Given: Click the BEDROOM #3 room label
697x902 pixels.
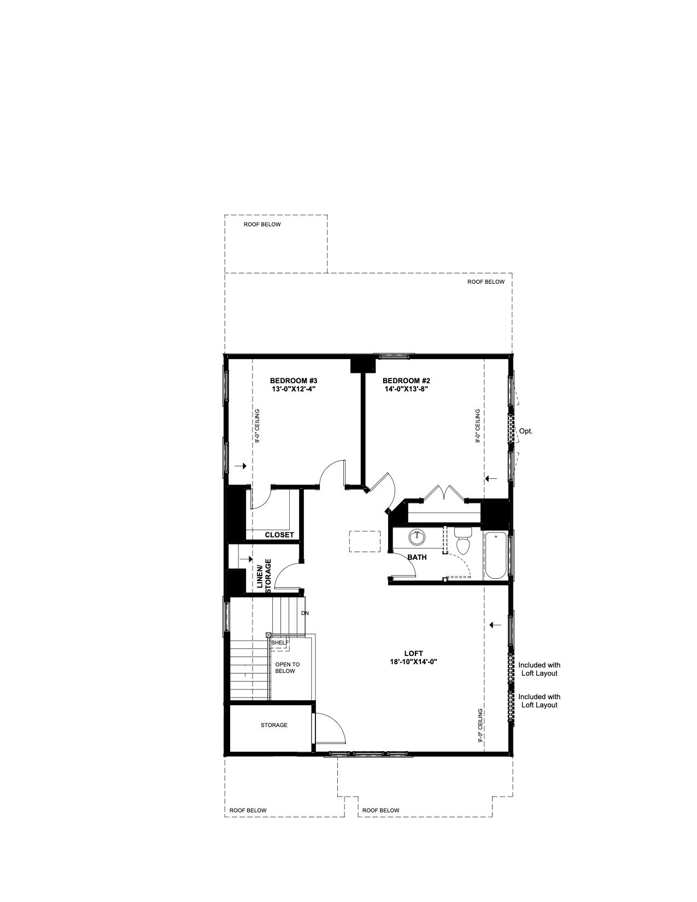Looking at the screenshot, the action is [x=294, y=380].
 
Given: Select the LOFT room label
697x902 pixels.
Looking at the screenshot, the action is [x=413, y=653].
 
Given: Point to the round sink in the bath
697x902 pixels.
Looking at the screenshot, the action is [x=417, y=537].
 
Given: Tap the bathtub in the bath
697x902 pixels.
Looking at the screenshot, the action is [x=496, y=555].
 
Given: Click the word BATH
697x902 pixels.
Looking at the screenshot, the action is [x=417, y=558].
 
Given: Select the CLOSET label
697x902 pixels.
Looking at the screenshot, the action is [x=279, y=535].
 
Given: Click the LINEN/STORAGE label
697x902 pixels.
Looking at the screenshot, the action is [x=264, y=576].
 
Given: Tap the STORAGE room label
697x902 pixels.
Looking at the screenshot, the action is [x=274, y=725].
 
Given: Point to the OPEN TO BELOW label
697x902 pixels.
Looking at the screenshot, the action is [x=287, y=668].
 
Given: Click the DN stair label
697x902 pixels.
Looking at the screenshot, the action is [x=305, y=613].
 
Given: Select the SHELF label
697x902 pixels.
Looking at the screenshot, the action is [x=279, y=642].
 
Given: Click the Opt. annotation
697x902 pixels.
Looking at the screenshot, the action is [x=525, y=431].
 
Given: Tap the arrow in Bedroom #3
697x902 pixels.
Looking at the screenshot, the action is [x=241, y=466].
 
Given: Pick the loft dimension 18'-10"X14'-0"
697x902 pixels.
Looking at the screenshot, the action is [x=413, y=661].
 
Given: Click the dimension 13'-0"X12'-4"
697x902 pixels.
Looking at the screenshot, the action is [x=294, y=389].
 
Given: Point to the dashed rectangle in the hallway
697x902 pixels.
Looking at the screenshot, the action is [x=365, y=541].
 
